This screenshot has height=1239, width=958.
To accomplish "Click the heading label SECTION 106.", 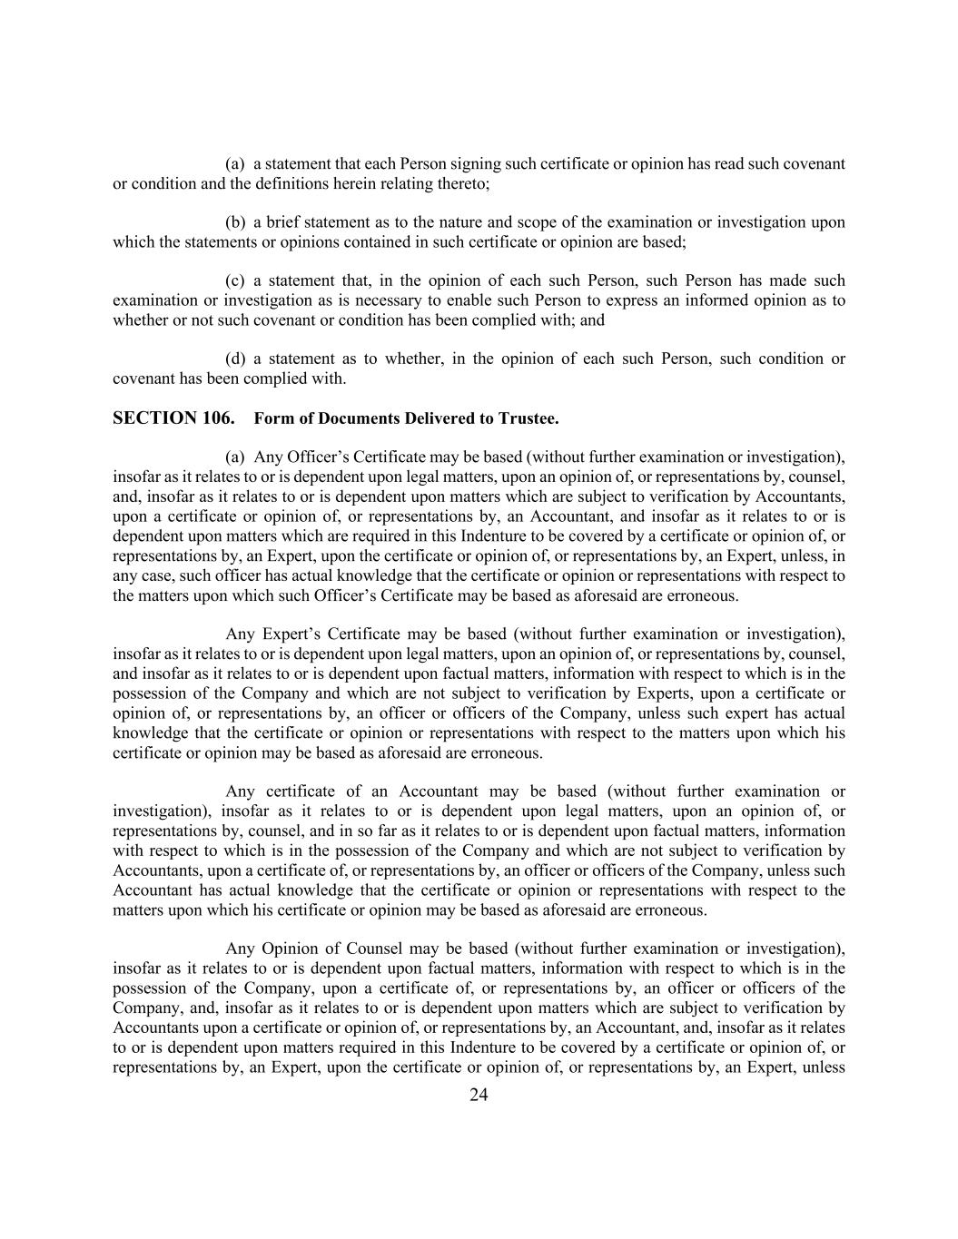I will [173, 418].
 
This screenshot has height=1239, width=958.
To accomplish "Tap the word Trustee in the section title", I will [526, 418].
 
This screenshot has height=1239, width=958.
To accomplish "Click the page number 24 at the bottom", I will [479, 1096].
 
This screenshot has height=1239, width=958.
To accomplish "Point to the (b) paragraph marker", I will [235, 222].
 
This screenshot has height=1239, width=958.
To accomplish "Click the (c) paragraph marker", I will [235, 280].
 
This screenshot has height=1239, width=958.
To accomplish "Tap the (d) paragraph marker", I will [235, 359].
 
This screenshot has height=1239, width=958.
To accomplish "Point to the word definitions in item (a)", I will [291, 183].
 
